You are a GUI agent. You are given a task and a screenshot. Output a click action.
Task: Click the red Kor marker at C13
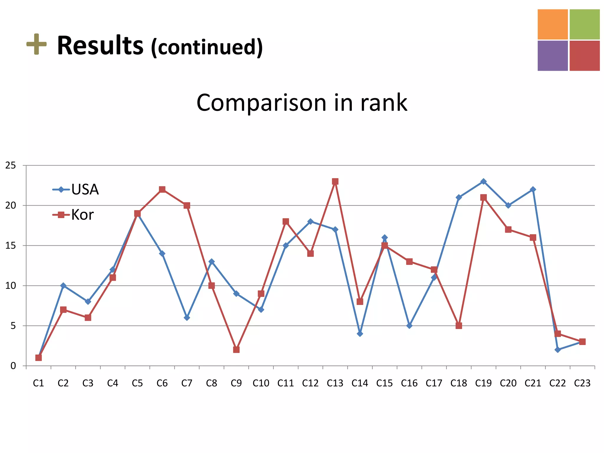coord(335,181)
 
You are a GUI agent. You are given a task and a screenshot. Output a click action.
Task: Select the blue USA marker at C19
coord(483,181)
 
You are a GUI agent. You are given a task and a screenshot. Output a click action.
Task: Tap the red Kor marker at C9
coord(236,349)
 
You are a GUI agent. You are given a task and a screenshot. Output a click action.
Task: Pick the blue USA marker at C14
coord(360,334)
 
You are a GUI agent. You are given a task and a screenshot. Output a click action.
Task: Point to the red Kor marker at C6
coord(162,189)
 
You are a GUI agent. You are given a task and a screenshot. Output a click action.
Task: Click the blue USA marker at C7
coord(187,318)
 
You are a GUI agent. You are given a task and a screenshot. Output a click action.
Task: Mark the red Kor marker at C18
coord(459,326)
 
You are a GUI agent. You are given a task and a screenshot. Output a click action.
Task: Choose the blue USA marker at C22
coord(557,349)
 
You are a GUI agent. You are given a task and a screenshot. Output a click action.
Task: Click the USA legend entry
coord(76,189)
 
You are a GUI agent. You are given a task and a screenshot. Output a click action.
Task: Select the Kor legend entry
coord(74,215)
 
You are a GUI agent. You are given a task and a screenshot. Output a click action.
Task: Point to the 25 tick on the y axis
coord(11,165)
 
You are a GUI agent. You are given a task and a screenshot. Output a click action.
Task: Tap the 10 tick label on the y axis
coord(11,285)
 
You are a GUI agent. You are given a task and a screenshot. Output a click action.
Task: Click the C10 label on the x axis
coord(261,383)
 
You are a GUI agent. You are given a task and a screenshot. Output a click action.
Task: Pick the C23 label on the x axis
coord(582,383)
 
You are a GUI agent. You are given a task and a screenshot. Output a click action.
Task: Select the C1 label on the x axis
coord(38,383)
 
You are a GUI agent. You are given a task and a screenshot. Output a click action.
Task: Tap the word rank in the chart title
coord(384,103)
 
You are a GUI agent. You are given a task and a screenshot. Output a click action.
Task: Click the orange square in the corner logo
coord(552,24)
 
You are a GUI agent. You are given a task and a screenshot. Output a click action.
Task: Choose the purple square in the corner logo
coord(552,56)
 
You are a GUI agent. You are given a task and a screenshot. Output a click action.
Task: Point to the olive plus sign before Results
coord(37,44)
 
